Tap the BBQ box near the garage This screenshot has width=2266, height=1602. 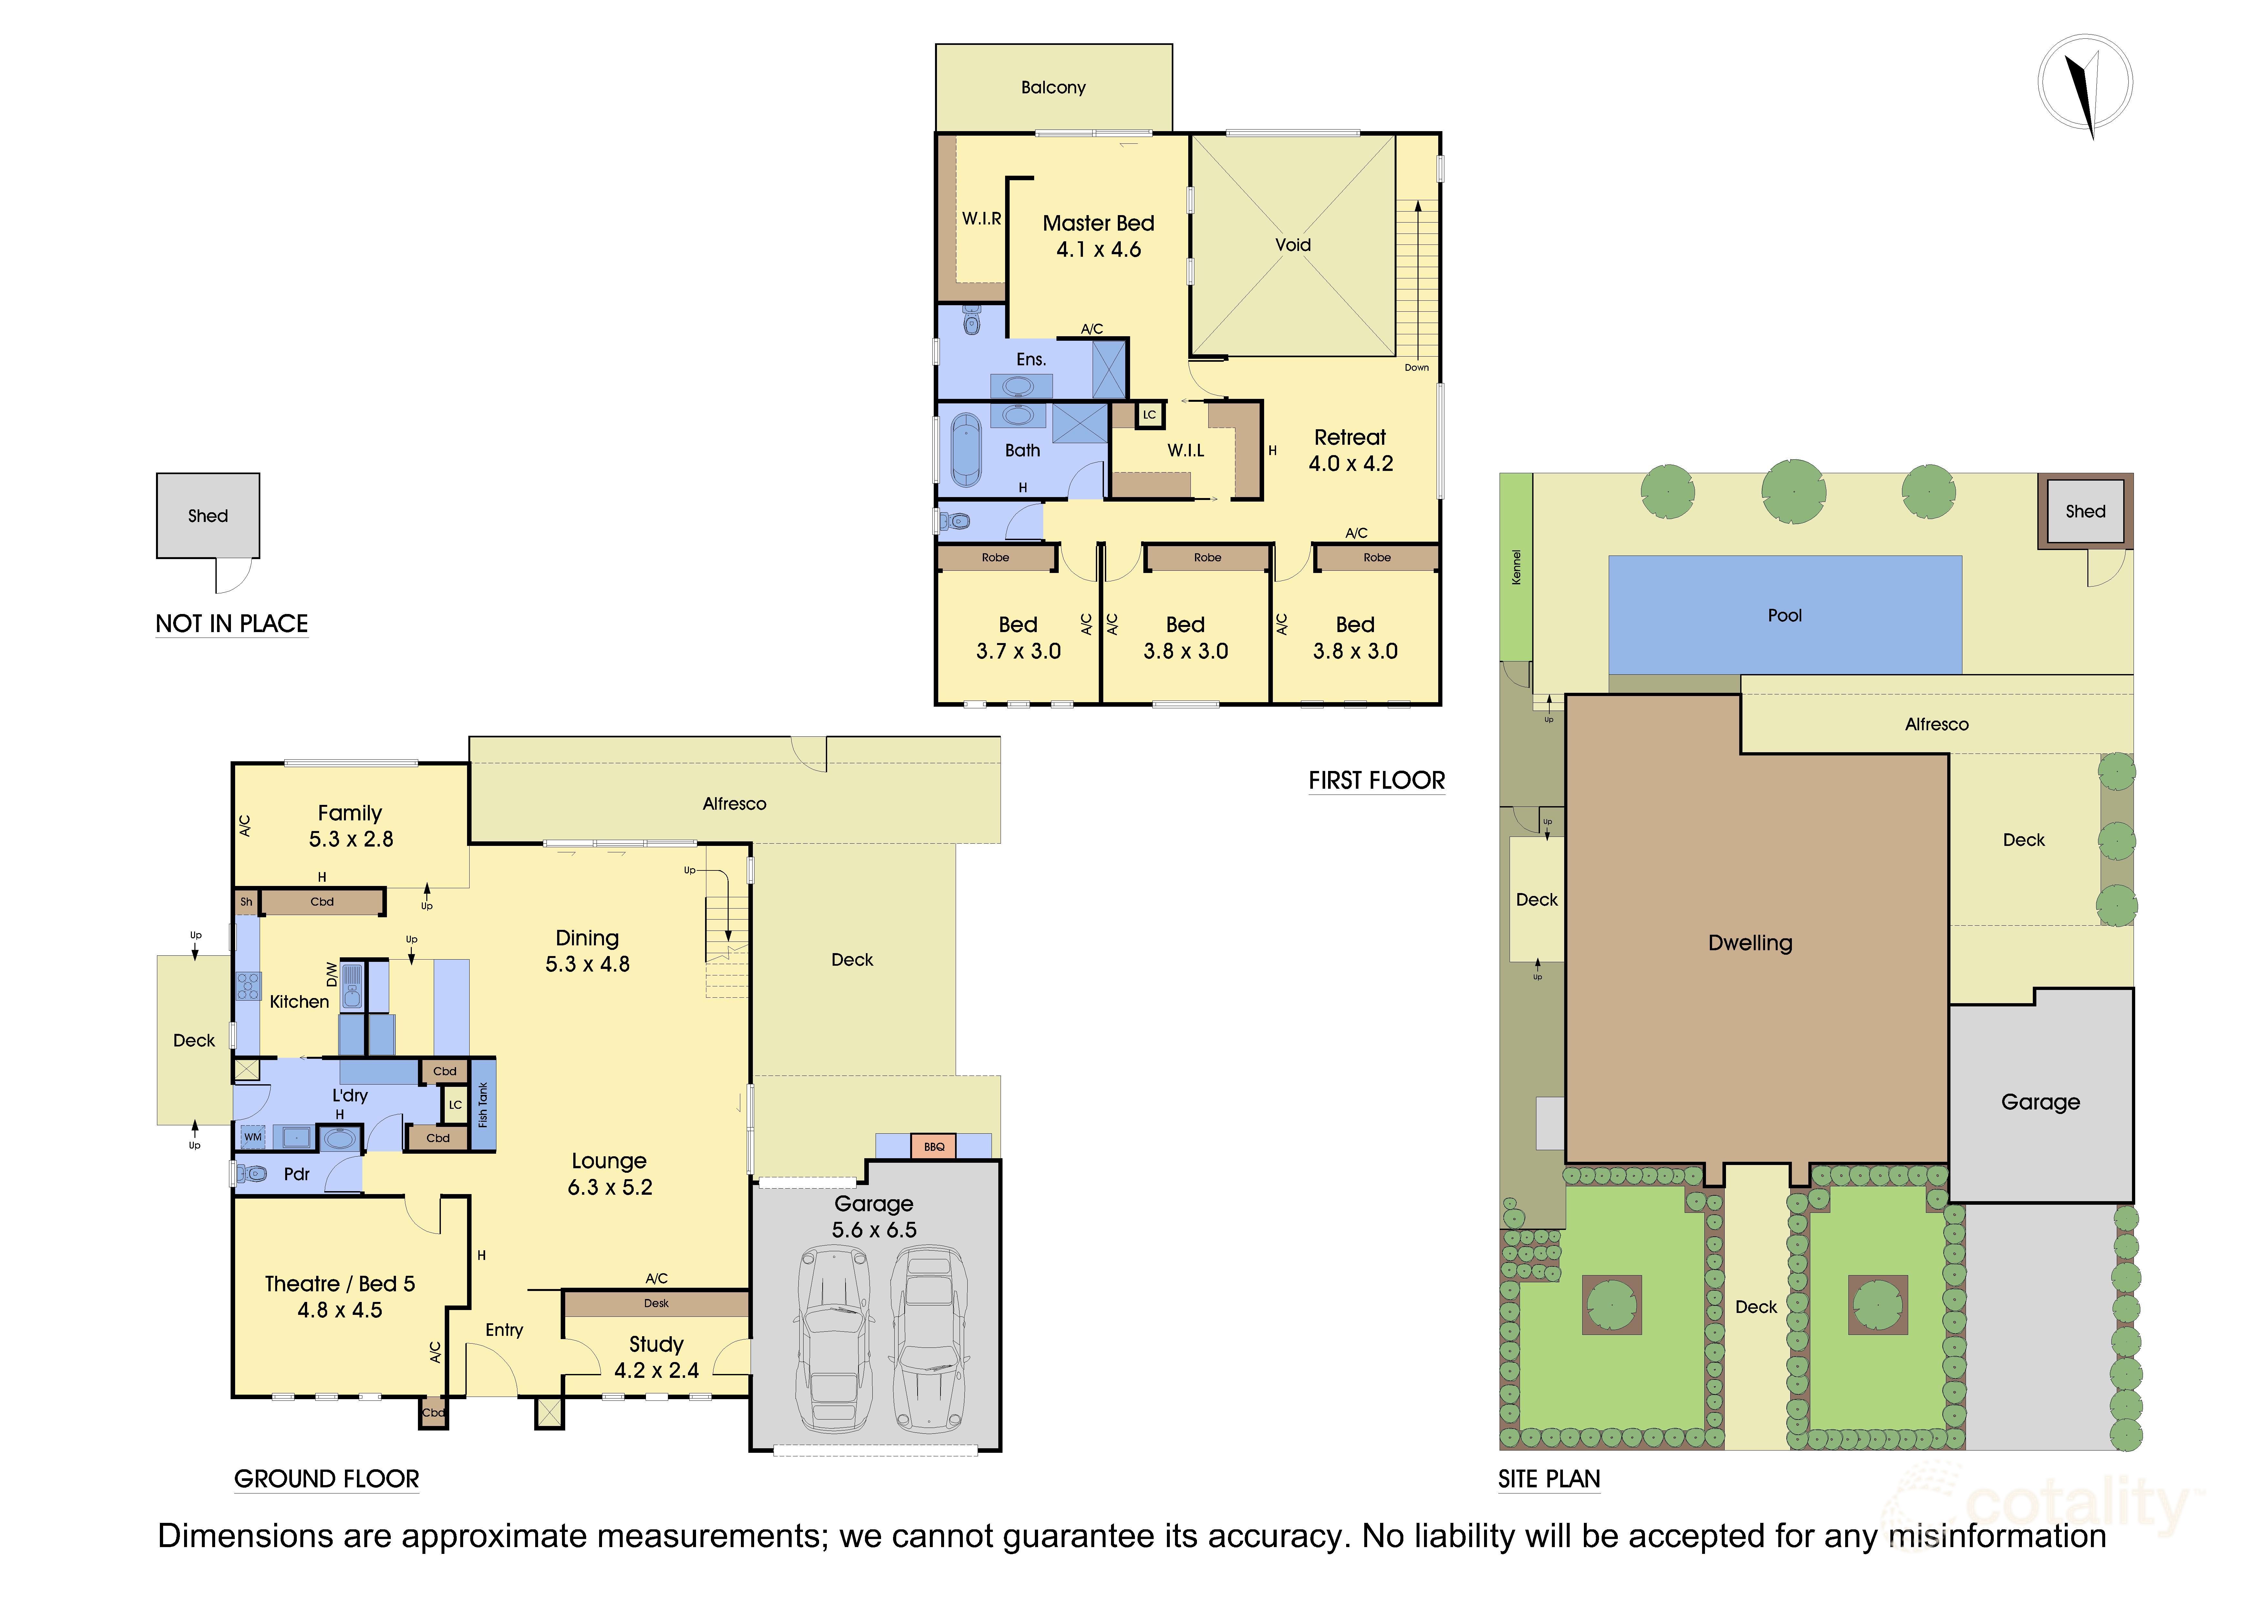pos(934,1146)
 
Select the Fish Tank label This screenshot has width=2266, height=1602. pos(483,1105)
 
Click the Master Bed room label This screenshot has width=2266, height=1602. pos(1098,223)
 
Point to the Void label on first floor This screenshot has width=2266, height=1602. pos(1293,245)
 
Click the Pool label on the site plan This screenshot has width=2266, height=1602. pos(1784,615)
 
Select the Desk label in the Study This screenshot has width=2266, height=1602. pos(656,1303)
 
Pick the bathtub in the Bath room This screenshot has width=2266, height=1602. pos(965,450)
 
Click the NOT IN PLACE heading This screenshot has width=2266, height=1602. pos(232,624)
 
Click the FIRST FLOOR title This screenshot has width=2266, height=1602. pos(1377,781)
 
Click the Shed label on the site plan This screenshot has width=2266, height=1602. pos(2085,511)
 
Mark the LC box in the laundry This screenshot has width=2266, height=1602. pos(455,1105)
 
